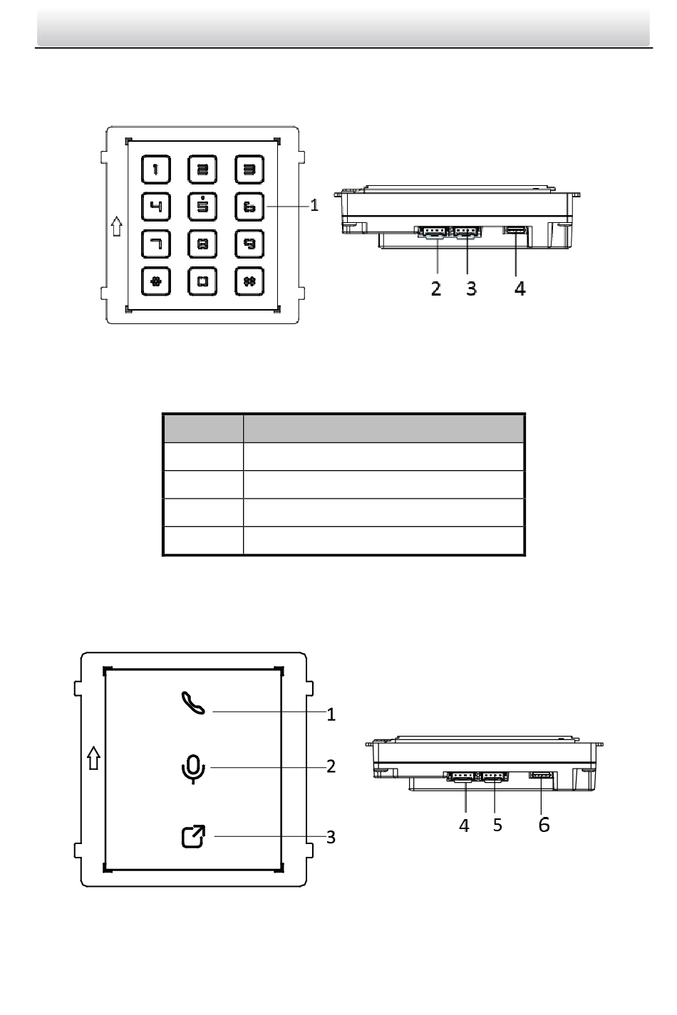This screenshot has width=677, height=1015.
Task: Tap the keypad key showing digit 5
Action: (x=202, y=207)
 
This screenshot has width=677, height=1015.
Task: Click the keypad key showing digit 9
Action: (x=249, y=244)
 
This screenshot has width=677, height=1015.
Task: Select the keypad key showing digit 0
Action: (x=202, y=281)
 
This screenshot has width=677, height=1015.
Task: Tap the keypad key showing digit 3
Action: (x=249, y=170)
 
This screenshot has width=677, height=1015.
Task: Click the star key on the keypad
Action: (x=155, y=281)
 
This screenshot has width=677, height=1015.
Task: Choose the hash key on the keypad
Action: (x=249, y=281)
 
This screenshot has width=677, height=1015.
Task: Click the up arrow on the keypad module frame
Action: (x=117, y=226)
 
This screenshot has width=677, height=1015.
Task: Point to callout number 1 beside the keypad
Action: (x=314, y=205)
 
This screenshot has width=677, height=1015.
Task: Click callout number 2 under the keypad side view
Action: (x=435, y=288)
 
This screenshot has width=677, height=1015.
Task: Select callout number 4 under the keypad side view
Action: (x=520, y=288)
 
